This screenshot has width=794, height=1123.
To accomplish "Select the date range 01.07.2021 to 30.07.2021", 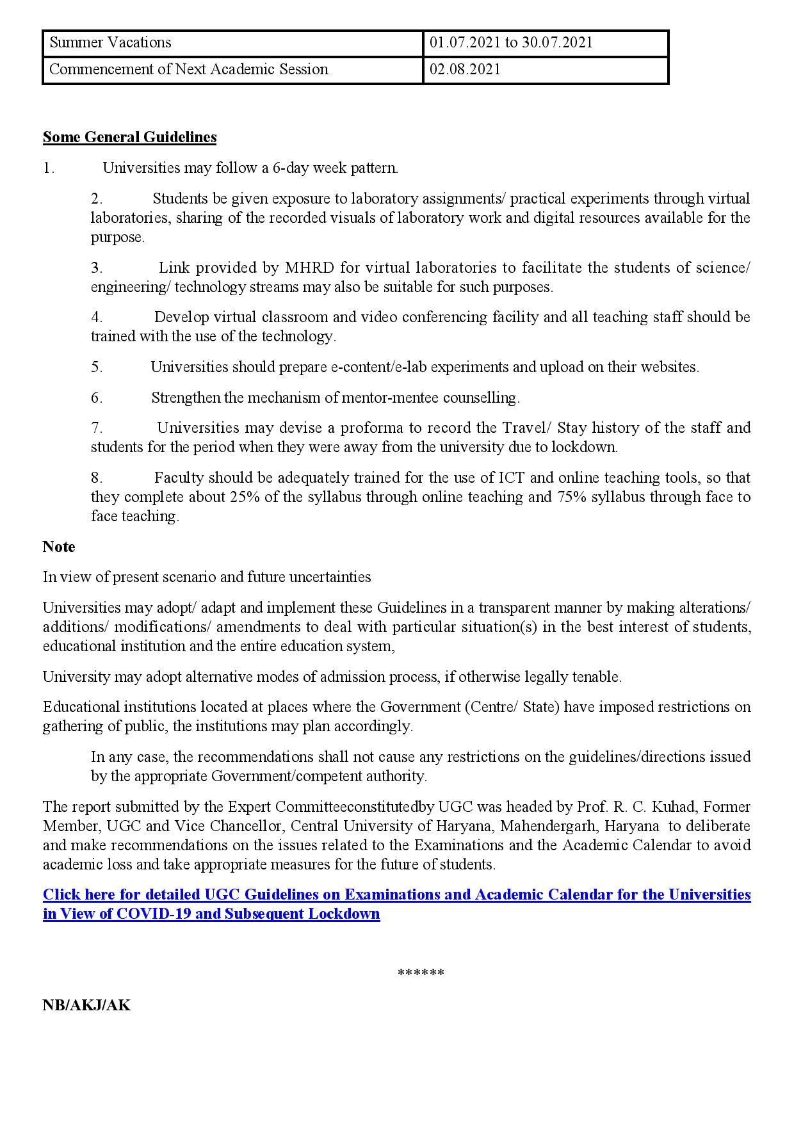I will click(x=511, y=43).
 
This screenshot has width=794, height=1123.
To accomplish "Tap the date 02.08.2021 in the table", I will click(x=465, y=70).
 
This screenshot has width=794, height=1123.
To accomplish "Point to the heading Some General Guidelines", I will click(x=129, y=137).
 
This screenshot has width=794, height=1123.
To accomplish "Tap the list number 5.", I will click(x=97, y=367).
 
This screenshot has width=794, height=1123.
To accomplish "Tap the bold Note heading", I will click(x=59, y=547).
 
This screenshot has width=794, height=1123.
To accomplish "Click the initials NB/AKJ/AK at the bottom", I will click(x=86, y=1005).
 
